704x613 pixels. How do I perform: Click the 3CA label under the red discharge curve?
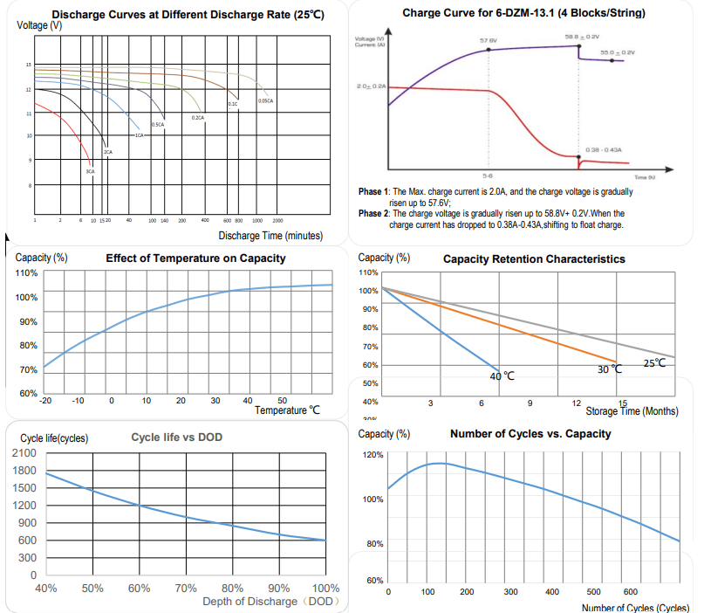tap(90, 171)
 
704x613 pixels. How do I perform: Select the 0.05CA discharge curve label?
tap(266, 101)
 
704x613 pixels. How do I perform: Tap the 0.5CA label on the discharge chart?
tap(158, 125)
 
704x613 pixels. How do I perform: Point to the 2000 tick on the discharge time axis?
tap(278, 221)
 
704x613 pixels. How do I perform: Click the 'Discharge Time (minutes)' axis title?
tap(270, 236)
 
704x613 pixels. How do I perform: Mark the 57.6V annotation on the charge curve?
tap(489, 40)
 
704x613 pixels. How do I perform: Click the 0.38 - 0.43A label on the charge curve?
tap(604, 149)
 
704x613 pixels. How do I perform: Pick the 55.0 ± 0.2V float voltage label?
tap(618, 52)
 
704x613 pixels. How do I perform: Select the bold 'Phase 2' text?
tap(376, 212)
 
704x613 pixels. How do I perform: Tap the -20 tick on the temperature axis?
tap(46, 400)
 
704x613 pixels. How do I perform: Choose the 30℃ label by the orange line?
tap(610, 368)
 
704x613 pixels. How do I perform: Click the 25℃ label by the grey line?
tap(654, 362)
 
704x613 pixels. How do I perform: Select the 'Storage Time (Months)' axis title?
tap(632, 411)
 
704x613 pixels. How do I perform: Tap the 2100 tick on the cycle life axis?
tap(24, 453)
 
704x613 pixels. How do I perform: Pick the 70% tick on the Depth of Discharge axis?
tap(186, 588)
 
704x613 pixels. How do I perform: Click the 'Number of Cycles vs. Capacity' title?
tap(530, 434)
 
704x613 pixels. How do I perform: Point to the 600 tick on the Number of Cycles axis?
tap(633, 592)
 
